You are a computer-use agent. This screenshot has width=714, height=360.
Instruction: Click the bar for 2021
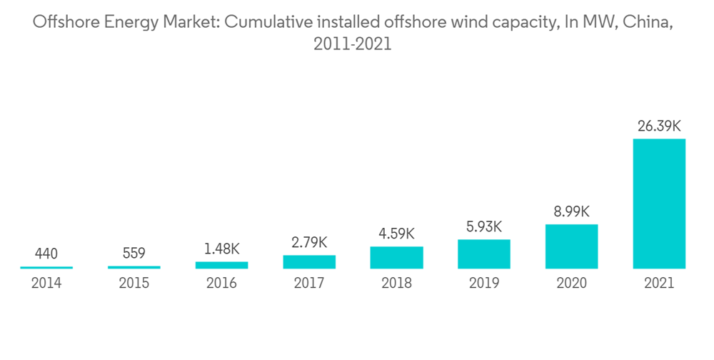[659, 204]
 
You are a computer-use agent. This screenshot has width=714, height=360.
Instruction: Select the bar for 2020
[571, 246]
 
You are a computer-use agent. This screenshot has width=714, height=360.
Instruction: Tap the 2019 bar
[484, 254]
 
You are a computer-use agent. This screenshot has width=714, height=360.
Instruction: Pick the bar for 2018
[396, 257]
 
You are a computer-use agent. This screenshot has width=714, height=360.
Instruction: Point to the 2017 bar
[309, 261]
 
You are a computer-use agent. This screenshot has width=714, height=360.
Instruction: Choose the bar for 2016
[221, 265]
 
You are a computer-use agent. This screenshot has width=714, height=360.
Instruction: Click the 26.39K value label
[659, 126]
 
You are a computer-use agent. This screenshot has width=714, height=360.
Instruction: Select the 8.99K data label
[571, 211]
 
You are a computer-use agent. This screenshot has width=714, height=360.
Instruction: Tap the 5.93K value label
[484, 226]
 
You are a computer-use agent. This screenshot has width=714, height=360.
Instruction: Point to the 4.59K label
[396, 234]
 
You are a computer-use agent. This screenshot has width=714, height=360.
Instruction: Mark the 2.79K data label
[309, 242]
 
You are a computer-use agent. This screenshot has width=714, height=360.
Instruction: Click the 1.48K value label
[221, 249]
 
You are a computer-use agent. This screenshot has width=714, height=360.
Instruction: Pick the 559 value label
[134, 253]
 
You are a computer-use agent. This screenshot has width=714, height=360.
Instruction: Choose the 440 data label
[46, 254]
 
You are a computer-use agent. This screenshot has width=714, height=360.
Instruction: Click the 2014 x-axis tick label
[46, 284]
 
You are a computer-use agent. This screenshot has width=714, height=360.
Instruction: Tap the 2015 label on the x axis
[134, 284]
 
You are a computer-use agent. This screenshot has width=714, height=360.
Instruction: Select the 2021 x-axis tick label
[659, 284]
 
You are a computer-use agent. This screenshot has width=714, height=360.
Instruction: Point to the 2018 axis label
[396, 284]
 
